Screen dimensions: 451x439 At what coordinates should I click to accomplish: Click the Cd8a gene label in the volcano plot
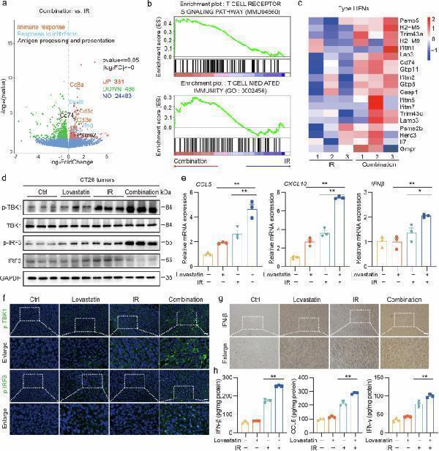76,86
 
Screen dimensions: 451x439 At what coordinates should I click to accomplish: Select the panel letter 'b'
149,5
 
